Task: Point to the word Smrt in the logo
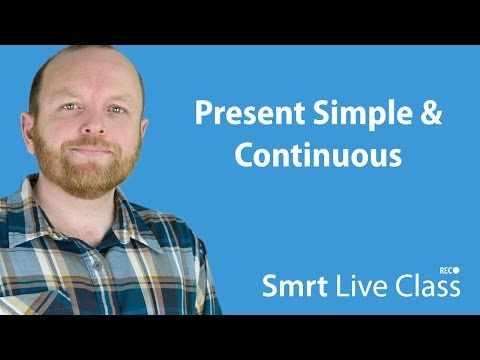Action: tap(290, 287)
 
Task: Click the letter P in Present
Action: tap(201, 114)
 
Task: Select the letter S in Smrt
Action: tap(269, 287)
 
